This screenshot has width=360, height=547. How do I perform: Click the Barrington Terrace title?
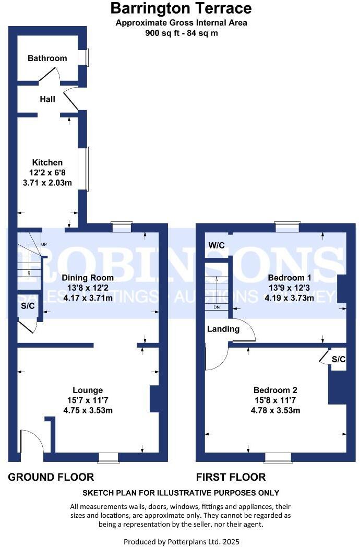tap(181, 8)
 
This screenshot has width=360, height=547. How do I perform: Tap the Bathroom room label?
tap(47, 58)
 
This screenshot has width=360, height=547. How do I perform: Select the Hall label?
tap(47, 99)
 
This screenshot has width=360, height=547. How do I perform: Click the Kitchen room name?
tap(47, 162)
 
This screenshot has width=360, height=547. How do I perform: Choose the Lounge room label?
tap(88, 390)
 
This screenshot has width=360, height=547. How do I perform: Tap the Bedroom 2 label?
tap(275, 390)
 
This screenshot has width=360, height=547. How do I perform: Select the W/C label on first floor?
tap(216, 245)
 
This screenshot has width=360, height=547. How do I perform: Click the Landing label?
tap(223, 329)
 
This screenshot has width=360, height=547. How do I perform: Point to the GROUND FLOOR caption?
tap(51, 477)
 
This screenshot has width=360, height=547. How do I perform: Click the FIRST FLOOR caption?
tap(231, 477)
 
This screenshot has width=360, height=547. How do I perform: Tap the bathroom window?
tap(85, 57)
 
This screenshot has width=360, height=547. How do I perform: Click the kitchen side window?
tap(85, 169)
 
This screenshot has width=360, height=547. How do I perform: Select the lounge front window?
tap(108, 458)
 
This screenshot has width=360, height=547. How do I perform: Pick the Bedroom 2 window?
tap(278, 458)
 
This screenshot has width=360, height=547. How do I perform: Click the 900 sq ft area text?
tap(181, 33)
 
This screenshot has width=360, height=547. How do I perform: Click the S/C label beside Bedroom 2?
tap(339, 359)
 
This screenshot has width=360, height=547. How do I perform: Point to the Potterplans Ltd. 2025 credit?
tap(181, 542)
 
